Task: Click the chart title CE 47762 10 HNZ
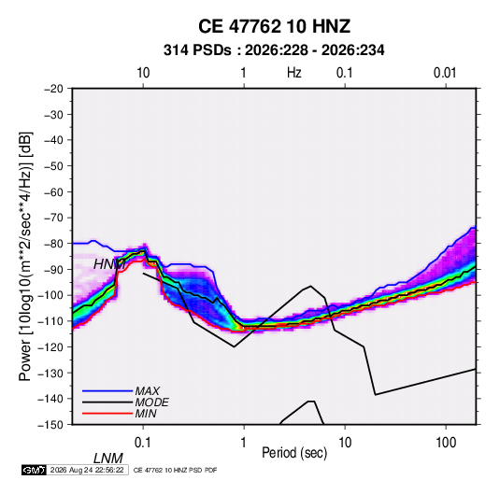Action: pyautogui.click(x=274, y=26)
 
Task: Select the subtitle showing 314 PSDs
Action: pyautogui.click(x=274, y=50)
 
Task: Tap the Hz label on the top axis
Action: pyautogui.click(x=294, y=73)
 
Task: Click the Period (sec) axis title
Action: pyautogui.click(x=294, y=453)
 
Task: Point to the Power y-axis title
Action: pyautogui.click(x=25, y=257)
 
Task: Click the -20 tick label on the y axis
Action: pyautogui.click(x=53, y=89)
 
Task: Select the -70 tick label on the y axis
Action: pyautogui.click(x=53, y=218)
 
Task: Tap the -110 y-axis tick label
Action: pyautogui.click(x=51, y=321)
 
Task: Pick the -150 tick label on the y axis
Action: pyautogui.click(x=51, y=425)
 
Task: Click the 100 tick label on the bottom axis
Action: pyautogui.click(x=446, y=443)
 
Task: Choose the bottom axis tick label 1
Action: pyautogui.click(x=244, y=443)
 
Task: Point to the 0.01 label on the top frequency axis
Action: pyautogui.click(x=445, y=73)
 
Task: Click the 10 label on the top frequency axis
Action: pyautogui.click(x=143, y=73)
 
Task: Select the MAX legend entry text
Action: pyautogui.click(x=148, y=391)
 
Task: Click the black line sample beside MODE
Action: pyautogui.click(x=107, y=402)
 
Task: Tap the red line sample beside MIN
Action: pyautogui.click(x=107, y=414)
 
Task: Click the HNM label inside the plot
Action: pyautogui.click(x=109, y=264)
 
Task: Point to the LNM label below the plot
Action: pyautogui.click(x=108, y=459)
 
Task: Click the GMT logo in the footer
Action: pyautogui.click(x=35, y=470)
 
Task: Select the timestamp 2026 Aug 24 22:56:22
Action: pyautogui.click(x=87, y=470)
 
